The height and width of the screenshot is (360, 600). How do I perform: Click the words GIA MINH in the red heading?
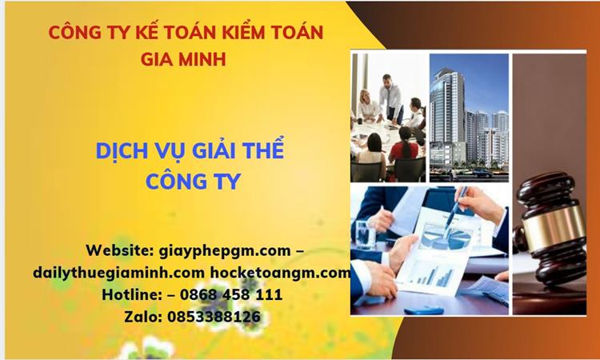point(184,59)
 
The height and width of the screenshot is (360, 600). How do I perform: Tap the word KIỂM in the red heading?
point(237,33)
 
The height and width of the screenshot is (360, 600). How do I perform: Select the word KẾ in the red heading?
point(151,33)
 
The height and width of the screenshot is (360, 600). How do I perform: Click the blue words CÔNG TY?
point(193,182)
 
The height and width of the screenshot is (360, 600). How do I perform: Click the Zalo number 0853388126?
point(214,316)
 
